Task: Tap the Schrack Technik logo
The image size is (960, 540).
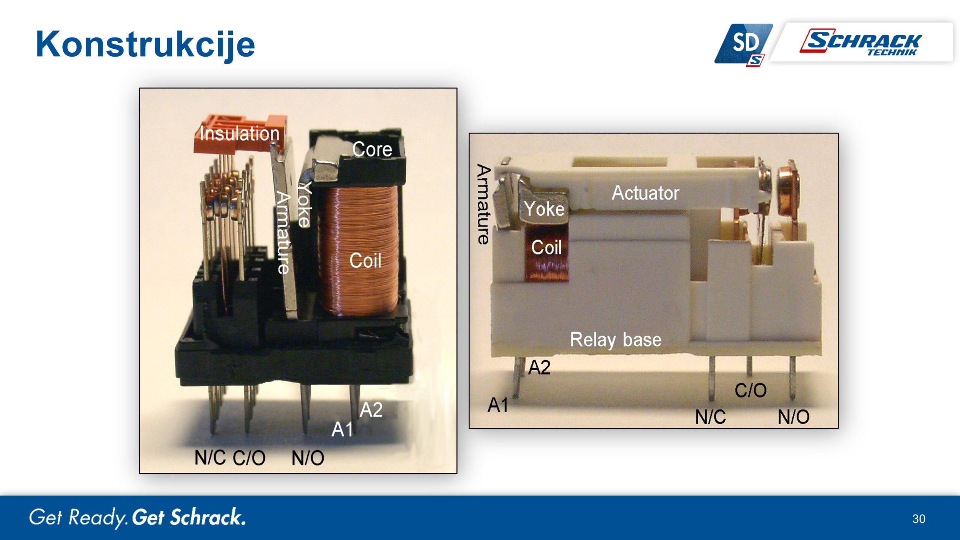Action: pos(862,42)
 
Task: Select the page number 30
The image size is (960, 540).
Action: pos(919,519)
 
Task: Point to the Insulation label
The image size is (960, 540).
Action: pos(239,134)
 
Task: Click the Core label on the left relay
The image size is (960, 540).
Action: pos(372,149)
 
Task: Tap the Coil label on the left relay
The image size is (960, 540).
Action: pos(365,260)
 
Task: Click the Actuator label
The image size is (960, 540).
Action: pos(645,193)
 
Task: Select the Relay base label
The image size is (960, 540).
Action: pos(615,340)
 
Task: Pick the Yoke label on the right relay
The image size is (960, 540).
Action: pos(544,209)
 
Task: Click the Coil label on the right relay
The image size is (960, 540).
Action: pos(546,247)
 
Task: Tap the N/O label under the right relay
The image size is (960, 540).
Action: pos(793,417)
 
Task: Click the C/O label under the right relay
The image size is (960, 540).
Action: pos(750,390)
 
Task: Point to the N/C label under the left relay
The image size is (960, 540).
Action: pos(210,457)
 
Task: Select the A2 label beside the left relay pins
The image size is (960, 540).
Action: pos(371,409)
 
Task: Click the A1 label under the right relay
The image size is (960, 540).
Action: pos(498,405)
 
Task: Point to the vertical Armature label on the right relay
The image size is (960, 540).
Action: pos(484,204)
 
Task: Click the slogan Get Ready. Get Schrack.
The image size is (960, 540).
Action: pos(137,517)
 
